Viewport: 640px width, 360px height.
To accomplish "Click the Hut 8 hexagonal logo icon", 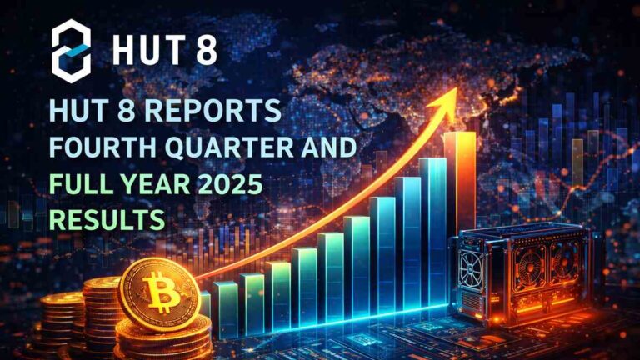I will pos(71,48).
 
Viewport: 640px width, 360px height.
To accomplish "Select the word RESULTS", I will pos(105,221).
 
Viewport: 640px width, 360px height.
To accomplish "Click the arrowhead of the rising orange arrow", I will pos(447,100).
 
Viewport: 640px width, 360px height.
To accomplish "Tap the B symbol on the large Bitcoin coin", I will pos(158,292).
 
